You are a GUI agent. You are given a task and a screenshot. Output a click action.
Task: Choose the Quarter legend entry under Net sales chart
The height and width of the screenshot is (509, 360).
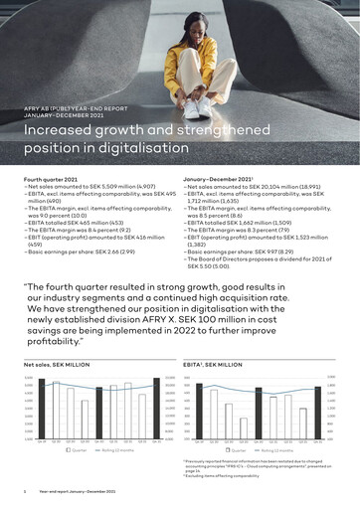[76, 449]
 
